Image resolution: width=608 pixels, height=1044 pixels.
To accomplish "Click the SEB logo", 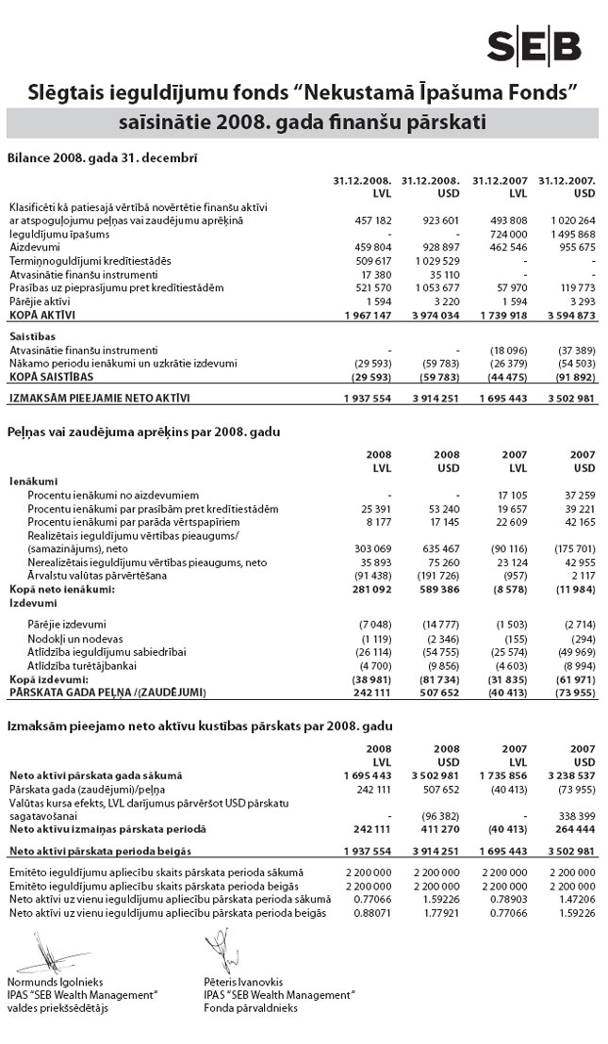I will point(534,44).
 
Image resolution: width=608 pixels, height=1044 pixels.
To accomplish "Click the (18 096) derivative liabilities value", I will point(501,348).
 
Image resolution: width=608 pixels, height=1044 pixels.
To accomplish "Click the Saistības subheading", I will point(31,334).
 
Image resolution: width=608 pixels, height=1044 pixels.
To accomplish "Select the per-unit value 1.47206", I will point(574,901).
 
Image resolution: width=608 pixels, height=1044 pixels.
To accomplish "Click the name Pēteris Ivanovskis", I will point(243,982).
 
